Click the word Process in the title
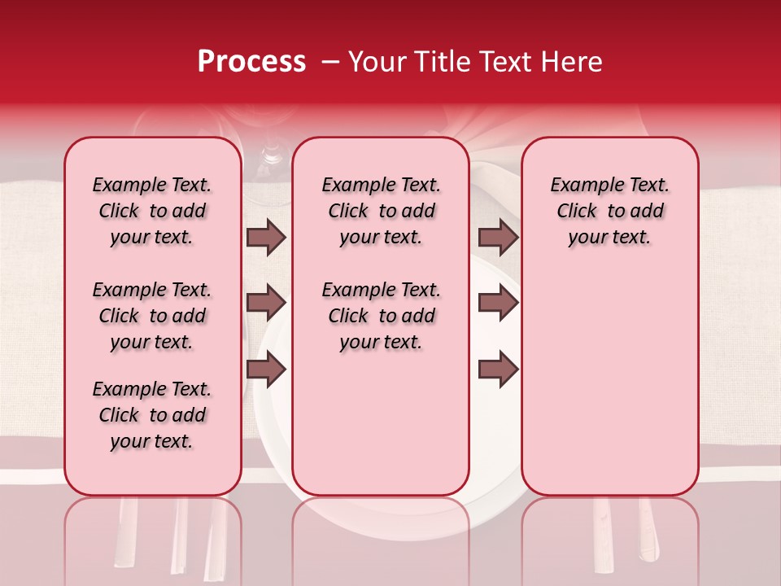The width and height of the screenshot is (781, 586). click(251, 62)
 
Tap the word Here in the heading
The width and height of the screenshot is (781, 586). click(571, 62)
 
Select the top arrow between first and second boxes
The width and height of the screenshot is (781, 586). click(266, 237)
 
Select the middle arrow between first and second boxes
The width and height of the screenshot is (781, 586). click(266, 303)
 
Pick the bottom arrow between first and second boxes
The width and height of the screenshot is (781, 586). click(266, 370)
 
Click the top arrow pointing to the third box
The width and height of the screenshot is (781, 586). click(498, 237)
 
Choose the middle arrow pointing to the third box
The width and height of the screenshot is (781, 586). click(498, 303)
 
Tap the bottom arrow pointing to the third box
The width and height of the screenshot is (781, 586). click(498, 370)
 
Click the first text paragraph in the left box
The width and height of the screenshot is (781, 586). click(152, 211)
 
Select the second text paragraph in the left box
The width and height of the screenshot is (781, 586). click(152, 316)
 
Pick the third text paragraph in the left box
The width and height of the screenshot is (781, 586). click(152, 415)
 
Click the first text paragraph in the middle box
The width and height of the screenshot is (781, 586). click(381, 211)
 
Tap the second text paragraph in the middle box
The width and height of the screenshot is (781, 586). click(381, 316)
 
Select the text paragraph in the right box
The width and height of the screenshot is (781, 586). click(609, 211)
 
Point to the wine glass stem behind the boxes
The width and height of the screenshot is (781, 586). click(272, 155)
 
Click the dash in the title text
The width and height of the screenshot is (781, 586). click(330, 62)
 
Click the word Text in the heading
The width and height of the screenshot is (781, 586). click(506, 62)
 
